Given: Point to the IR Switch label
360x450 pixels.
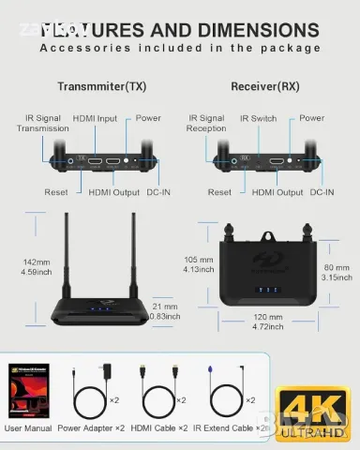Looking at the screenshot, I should (x=258, y=119).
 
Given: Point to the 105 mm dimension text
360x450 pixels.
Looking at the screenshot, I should (x=198, y=264).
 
